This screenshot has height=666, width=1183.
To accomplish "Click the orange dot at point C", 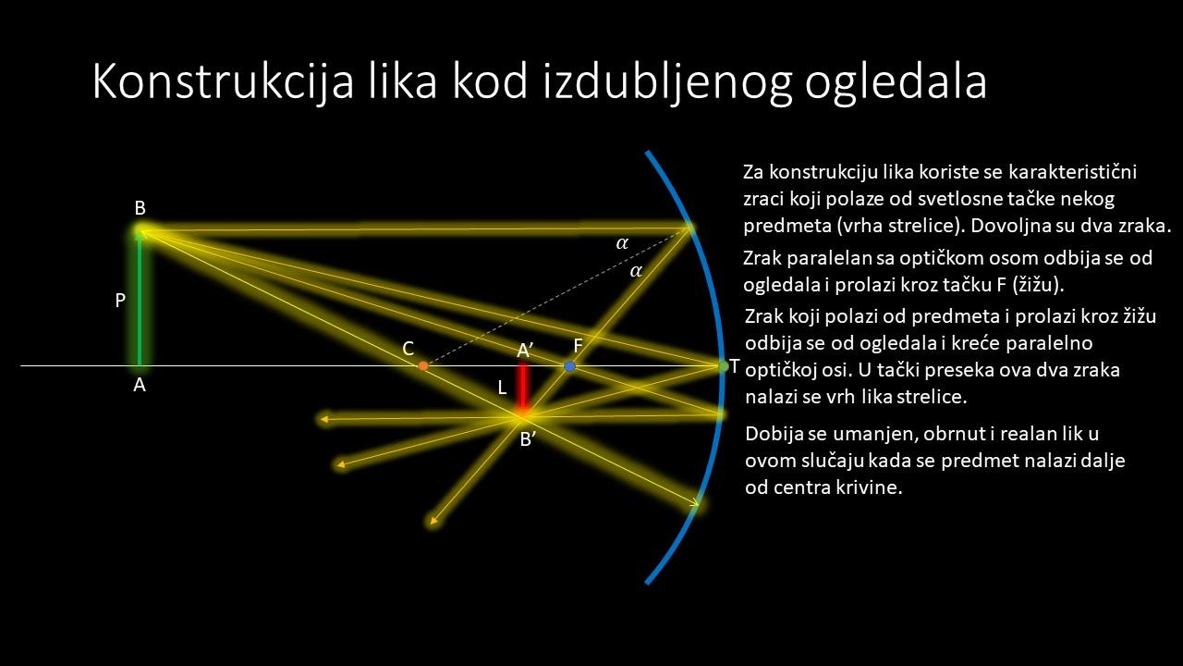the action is point(423,365).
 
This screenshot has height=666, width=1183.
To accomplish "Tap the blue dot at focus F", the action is point(569,365).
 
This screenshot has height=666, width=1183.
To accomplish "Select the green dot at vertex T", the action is point(724,365).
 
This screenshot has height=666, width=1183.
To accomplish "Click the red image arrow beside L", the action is point(523,389).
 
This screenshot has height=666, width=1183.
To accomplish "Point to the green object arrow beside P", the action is point(140,298).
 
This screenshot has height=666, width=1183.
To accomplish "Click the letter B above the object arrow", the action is point(140,208).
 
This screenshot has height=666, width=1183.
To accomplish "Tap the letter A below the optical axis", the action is point(140,386).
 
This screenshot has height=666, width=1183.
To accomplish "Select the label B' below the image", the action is point(528,438).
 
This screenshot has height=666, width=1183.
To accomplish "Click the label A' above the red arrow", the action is point(525,351).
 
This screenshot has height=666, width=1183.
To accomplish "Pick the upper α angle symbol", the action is point(622,243).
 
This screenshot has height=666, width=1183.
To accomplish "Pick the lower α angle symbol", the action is point(636,271).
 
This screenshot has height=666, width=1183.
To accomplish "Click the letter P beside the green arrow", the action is point(120,301).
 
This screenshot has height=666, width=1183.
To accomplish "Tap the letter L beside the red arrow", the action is point(502,388).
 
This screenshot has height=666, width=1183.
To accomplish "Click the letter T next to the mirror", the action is point(735,365).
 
